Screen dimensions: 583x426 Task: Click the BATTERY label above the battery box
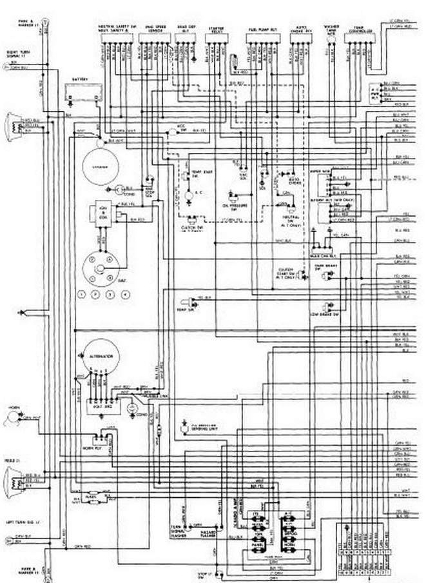point(80,78)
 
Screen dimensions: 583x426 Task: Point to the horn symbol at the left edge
point(12,419)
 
